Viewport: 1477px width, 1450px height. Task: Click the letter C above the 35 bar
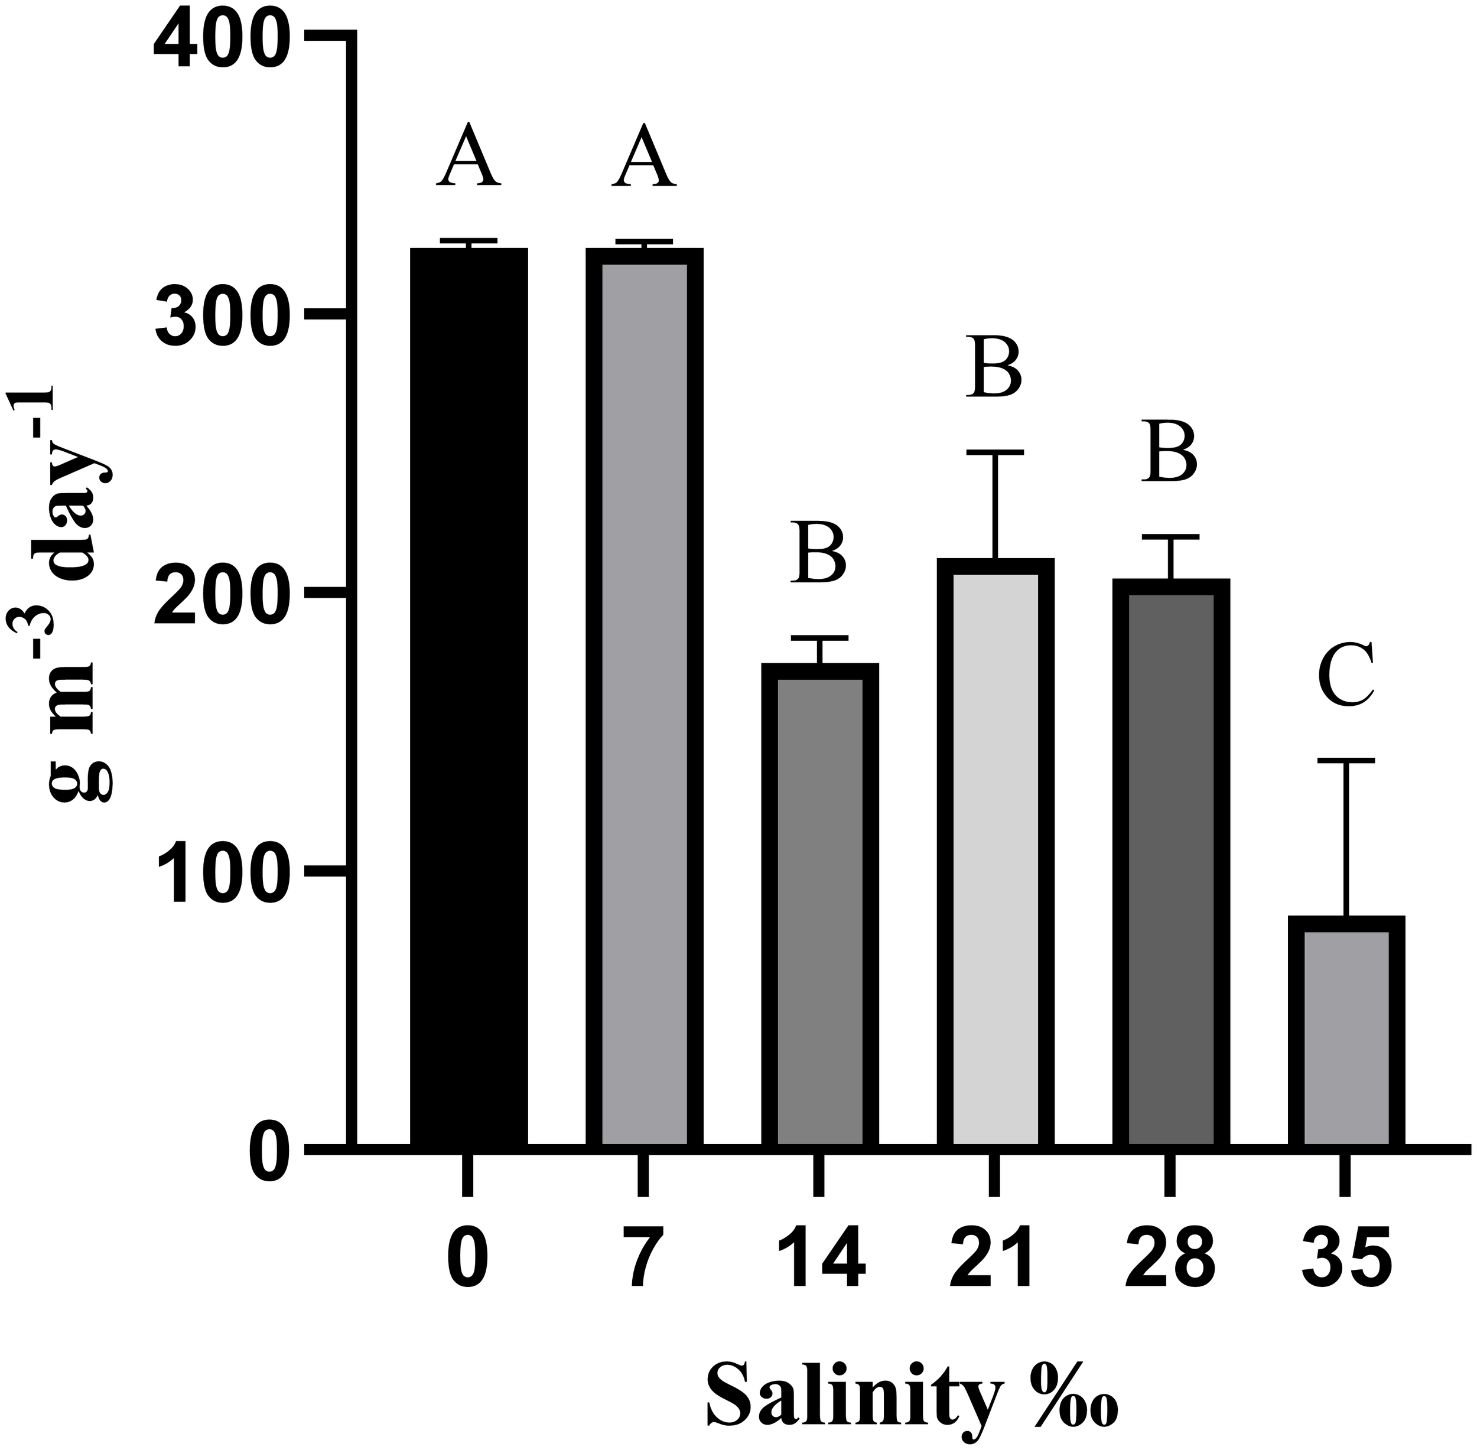click(x=1345, y=675)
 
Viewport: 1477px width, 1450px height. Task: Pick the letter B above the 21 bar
click(x=995, y=366)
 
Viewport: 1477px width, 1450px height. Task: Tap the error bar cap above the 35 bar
click(x=1345, y=760)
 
